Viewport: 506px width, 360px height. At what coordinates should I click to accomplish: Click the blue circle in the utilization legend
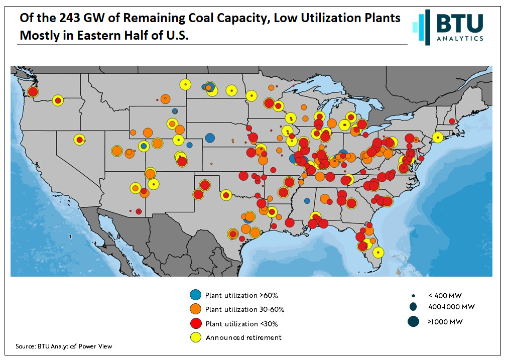click(196, 295)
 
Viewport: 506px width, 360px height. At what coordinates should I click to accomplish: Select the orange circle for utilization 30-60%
click(196, 309)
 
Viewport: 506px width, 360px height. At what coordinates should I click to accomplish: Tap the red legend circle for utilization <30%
click(196, 323)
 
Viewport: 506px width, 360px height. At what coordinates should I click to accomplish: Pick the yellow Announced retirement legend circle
click(196, 337)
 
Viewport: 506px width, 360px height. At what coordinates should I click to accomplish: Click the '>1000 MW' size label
click(445, 321)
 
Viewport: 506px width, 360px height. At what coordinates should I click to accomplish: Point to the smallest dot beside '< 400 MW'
click(413, 295)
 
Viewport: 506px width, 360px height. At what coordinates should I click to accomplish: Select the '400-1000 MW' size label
click(451, 307)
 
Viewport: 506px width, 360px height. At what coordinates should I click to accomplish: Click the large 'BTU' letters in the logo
click(459, 24)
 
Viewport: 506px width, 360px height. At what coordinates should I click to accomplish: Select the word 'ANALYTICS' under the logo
click(460, 39)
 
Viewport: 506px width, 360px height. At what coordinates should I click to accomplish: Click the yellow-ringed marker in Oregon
click(58, 100)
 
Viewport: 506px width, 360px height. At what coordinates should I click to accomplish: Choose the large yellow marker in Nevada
click(79, 140)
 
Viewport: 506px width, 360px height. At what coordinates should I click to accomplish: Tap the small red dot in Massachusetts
click(452, 121)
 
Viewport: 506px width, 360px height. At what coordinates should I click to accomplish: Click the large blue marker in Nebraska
click(210, 138)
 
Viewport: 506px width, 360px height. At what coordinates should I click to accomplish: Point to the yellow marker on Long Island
click(438, 137)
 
